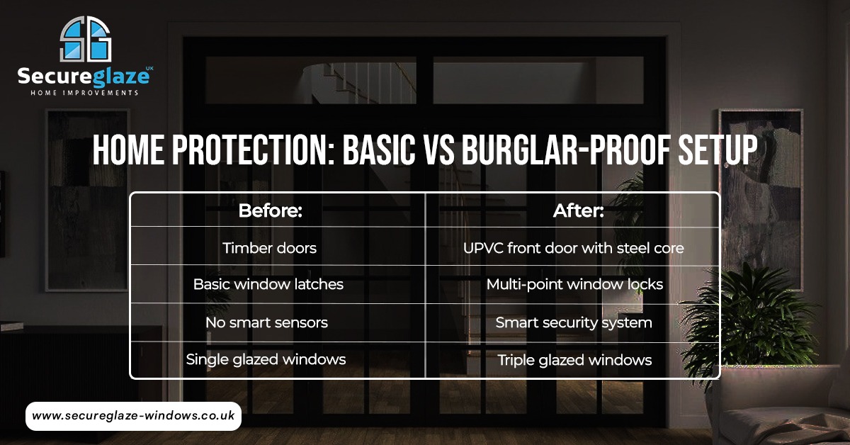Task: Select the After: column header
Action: click(x=574, y=210)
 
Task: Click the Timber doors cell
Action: click(x=269, y=248)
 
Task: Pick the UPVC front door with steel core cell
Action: click(x=574, y=248)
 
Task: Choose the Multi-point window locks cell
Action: click(x=574, y=285)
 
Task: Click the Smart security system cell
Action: click(x=574, y=322)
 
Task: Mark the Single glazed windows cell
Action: click(x=266, y=359)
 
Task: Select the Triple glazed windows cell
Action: click(x=574, y=360)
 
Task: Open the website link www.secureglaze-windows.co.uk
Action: click(x=133, y=417)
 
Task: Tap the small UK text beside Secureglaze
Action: click(x=148, y=68)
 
